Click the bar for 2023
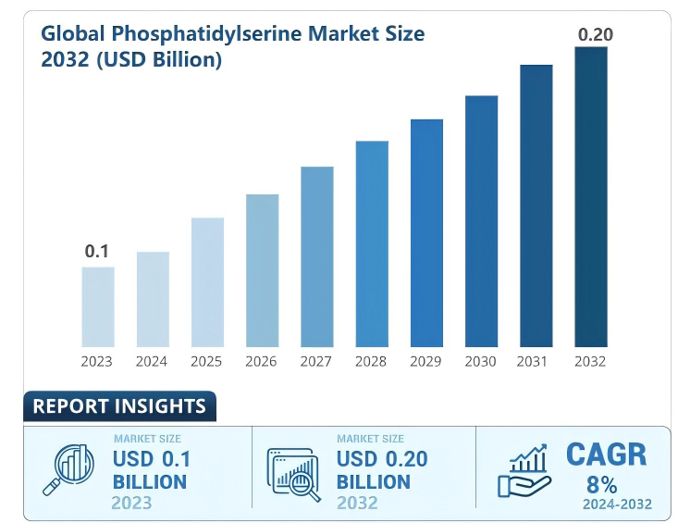coord(98,305)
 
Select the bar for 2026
coord(262,269)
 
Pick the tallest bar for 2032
coord(591,195)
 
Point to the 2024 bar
coord(153,298)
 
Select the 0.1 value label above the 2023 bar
coord(97,251)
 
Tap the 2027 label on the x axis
coord(316,361)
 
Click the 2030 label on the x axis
coord(481,361)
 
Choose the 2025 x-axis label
coord(206,361)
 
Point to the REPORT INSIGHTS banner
coord(119,406)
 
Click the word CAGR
coord(606,455)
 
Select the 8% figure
coord(602,484)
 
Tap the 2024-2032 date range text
coord(617,504)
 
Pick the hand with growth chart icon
coord(525,471)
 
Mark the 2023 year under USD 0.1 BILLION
coord(131,503)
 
